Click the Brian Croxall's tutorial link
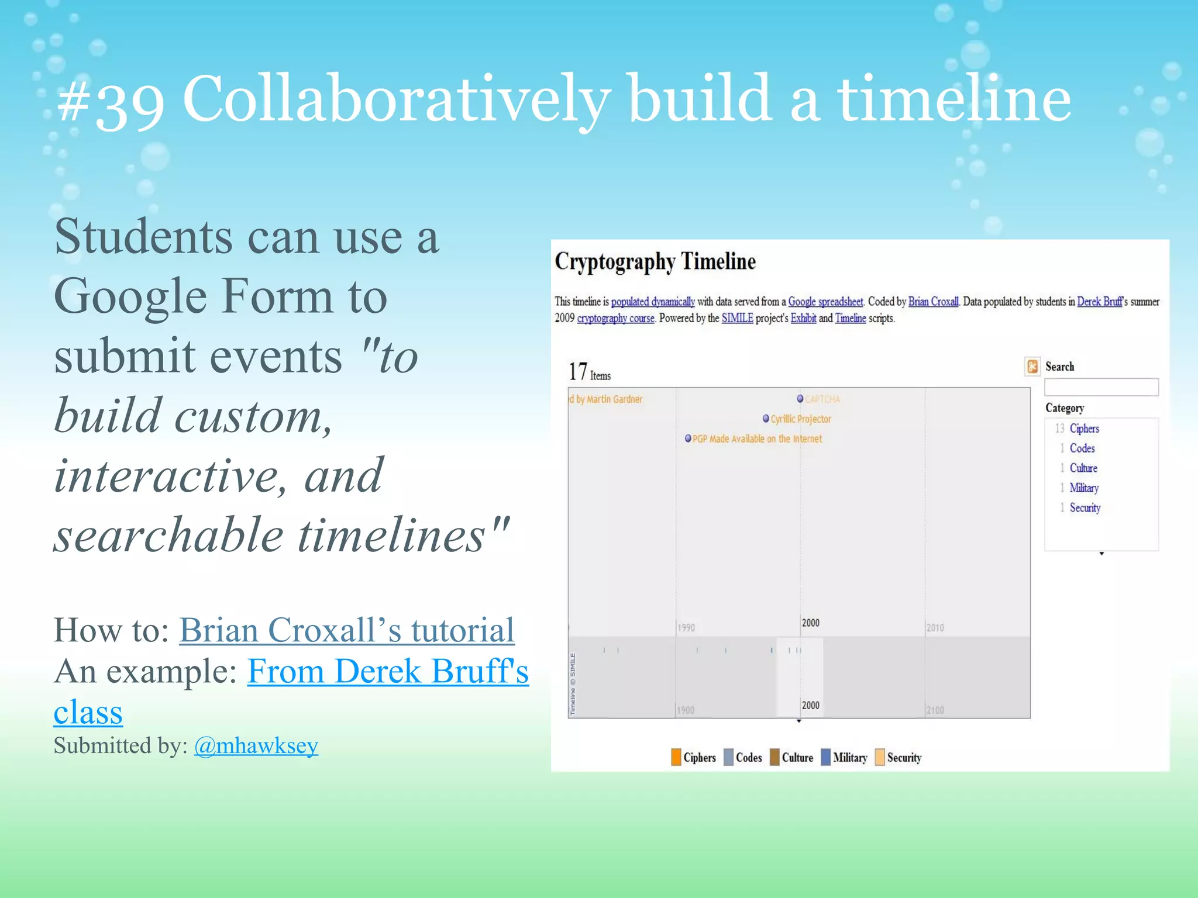click(x=346, y=630)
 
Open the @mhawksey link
click(x=256, y=745)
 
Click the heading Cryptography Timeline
click(x=655, y=261)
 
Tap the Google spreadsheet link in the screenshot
click(x=825, y=302)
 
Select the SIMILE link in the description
click(x=737, y=318)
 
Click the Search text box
click(x=1101, y=387)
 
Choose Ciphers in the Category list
click(x=1084, y=429)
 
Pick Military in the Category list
click(x=1083, y=488)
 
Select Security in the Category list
click(x=1085, y=507)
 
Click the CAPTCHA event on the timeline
click(x=821, y=399)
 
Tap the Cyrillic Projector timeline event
click(x=800, y=419)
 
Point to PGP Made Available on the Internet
click(x=756, y=439)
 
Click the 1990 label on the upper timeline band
click(x=686, y=628)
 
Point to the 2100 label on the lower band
click(x=935, y=710)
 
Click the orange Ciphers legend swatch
click(x=676, y=757)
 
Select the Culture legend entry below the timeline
click(x=797, y=757)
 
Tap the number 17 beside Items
click(x=577, y=372)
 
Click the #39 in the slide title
click(x=111, y=101)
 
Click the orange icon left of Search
click(x=1032, y=367)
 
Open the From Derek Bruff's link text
click(x=387, y=671)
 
